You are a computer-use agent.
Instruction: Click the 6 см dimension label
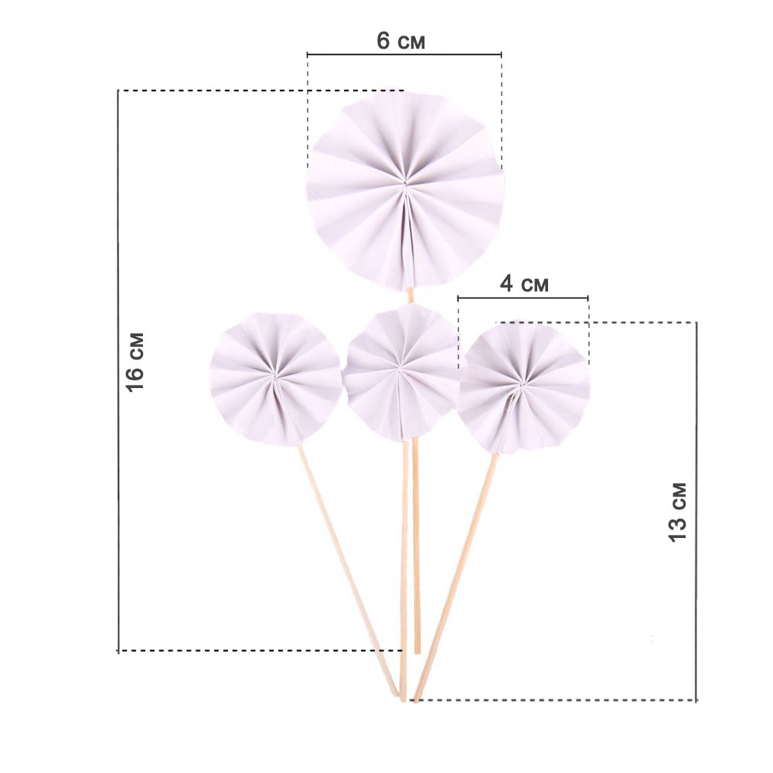[400, 41]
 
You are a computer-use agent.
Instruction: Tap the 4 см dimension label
[524, 284]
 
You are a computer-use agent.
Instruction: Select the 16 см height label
[135, 363]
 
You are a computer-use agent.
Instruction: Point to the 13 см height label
[678, 512]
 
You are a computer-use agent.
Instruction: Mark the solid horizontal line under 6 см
[404, 54]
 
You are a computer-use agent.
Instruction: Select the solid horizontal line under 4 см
[523, 298]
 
